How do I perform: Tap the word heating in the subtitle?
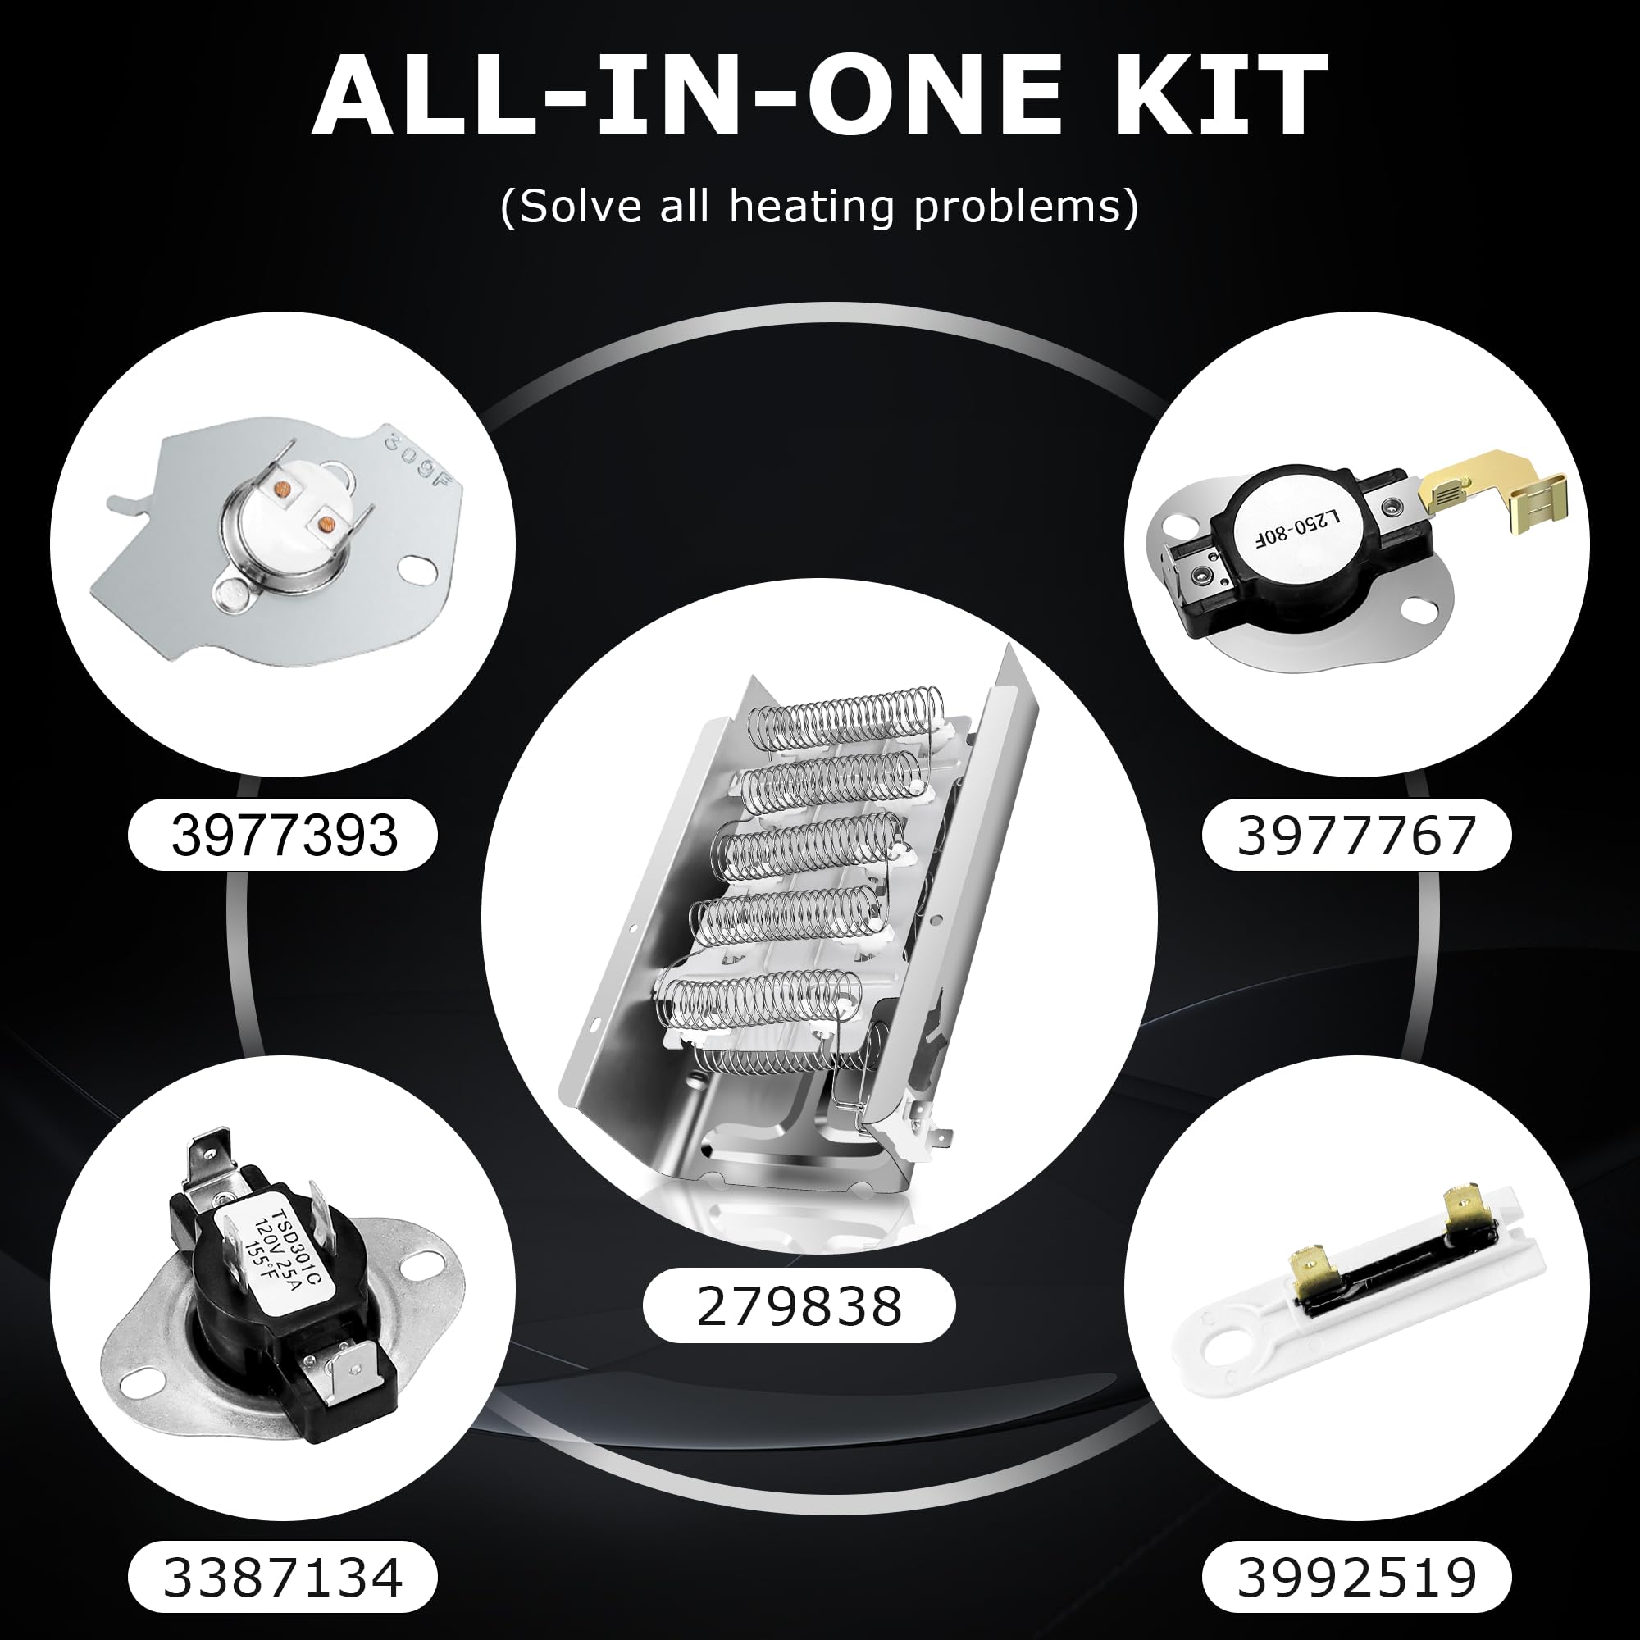click(x=811, y=207)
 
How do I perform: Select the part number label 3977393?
click(x=284, y=836)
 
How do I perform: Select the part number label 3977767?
click(x=1355, y=836)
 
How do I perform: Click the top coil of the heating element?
click(x=849, y=722)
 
